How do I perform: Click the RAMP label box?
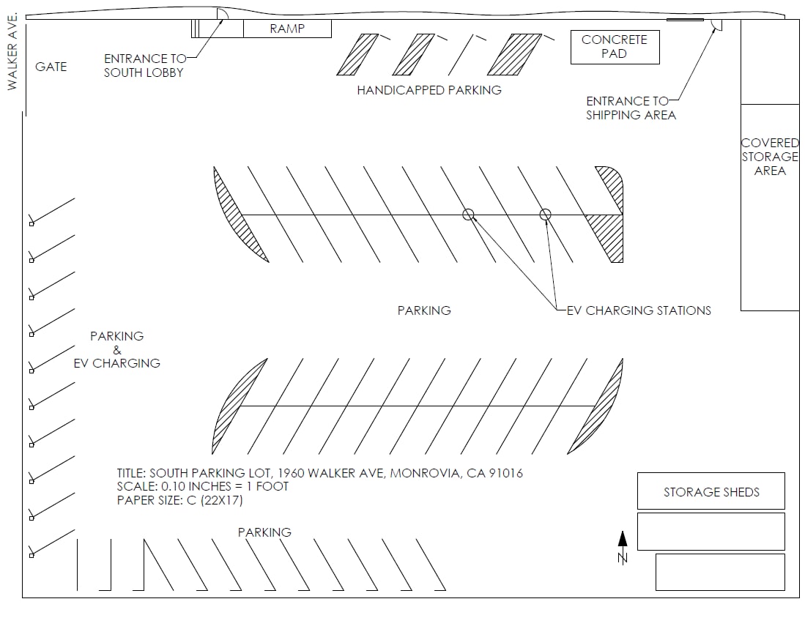point(287,29)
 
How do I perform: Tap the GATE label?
point(51,67)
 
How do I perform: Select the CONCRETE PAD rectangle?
point(615,47)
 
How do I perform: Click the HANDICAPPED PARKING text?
point(429,90)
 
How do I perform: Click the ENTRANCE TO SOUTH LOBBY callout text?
point(144,65)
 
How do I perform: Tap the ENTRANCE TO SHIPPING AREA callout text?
point(630,108)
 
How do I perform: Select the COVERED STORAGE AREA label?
point(770,157)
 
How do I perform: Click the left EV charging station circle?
point(468,215)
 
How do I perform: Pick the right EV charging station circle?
point(545,215)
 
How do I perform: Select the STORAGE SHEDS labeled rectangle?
point(711,491)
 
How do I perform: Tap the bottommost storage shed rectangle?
point(719,572)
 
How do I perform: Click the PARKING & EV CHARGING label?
point(117,349)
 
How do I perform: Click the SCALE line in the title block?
point(203,486)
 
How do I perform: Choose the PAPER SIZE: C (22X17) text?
point(179,500)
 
